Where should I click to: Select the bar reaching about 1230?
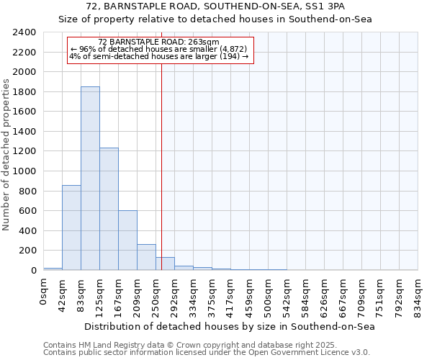(109, 209)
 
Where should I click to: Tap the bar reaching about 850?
(71, 228)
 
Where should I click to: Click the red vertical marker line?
(161, 166)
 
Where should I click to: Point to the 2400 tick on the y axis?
(24, 33)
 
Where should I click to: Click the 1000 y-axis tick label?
(24, 171)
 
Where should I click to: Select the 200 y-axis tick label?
(27, 251)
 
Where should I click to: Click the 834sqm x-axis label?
(418, 294)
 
